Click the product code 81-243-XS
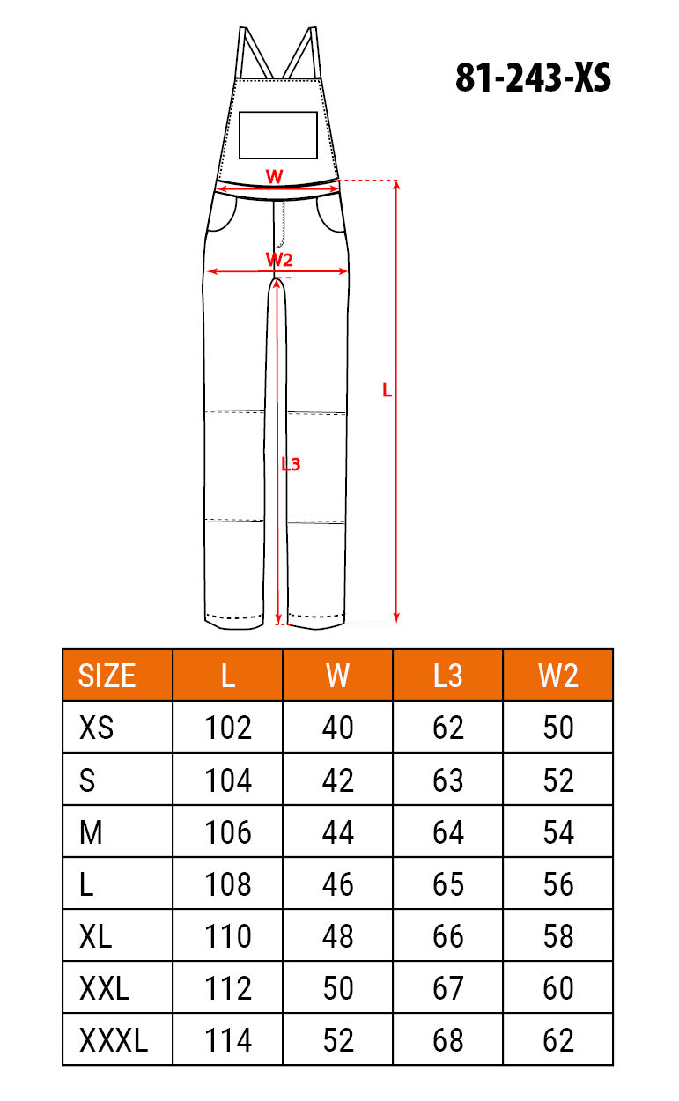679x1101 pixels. (533, 78)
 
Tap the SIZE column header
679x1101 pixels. (107, 676)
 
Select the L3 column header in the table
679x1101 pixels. (447, 676)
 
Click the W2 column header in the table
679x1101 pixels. (558, 676)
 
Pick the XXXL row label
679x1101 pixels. (114, 1040)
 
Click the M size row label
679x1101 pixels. (91, 832)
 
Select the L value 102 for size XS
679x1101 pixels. (228, 728)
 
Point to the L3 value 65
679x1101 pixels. (448, 884)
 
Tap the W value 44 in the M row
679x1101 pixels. (337, 832)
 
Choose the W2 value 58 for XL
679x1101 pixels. (558, 936)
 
